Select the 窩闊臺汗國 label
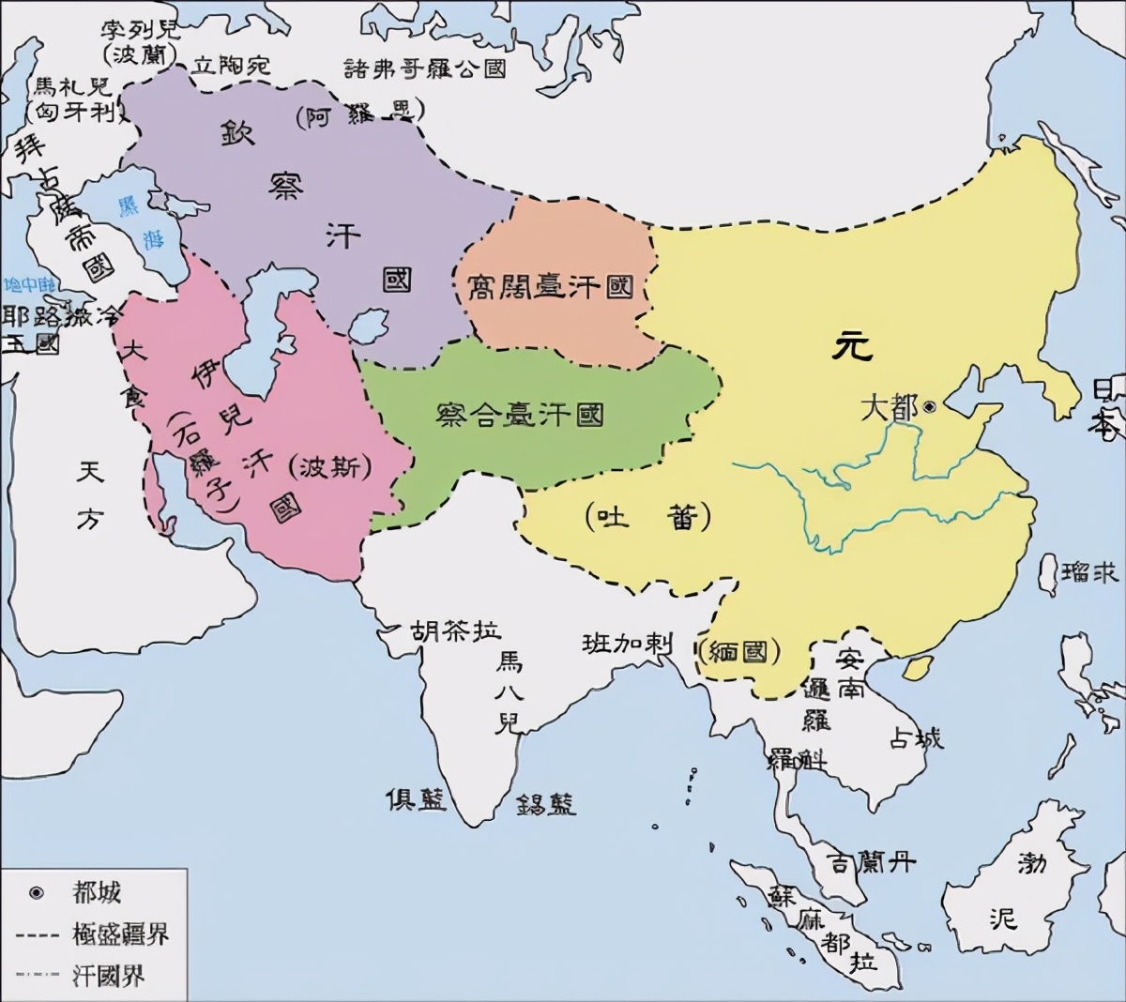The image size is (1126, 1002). click(551, 288)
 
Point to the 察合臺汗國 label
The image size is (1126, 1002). click(520, 414)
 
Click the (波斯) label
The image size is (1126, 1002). click(333, 467)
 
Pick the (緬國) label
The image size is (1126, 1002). click(741, 650)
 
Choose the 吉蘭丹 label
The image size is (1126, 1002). click(872, 861)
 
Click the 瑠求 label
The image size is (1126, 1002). click(1091, 570)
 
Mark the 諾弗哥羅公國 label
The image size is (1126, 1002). click(425, 68)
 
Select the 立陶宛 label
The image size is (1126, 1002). click(230, 64)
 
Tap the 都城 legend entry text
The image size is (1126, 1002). click(97, 892)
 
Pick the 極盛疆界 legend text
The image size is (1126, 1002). click(119, 934)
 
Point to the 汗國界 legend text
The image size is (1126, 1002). click(108, 975)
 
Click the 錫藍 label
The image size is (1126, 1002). click(546, 804)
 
